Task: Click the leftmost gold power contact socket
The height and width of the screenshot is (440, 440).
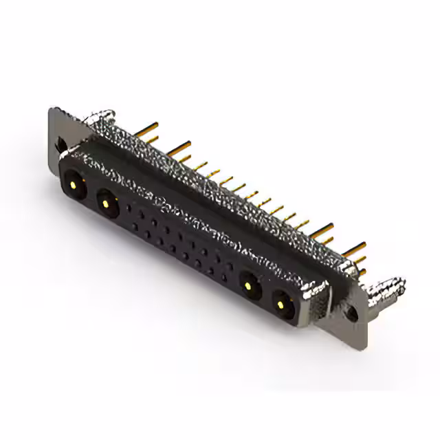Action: point(74,184)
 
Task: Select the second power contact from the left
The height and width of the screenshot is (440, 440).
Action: point(105,201)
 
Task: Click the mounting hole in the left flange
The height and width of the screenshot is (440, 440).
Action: point(61,145)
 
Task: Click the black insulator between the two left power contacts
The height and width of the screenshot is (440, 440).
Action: point(89,193)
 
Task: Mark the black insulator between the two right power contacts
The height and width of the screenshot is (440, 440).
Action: point(264,291)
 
